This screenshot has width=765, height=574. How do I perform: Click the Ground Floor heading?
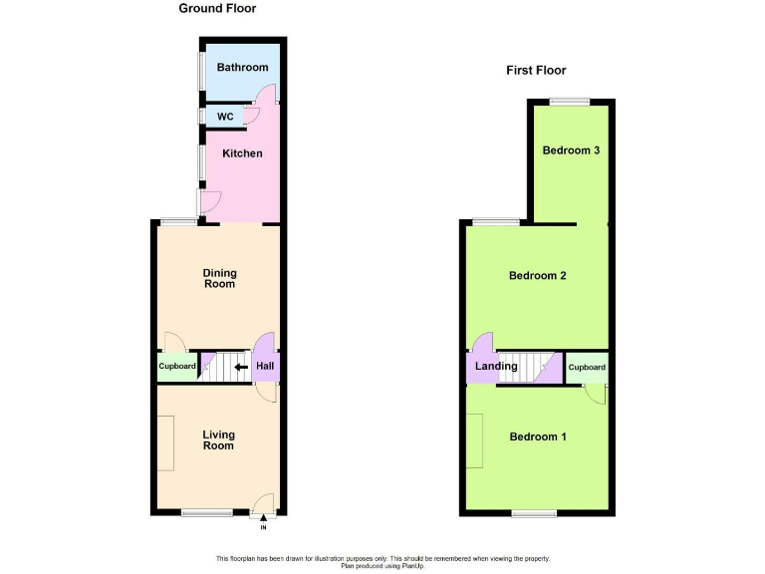click(217, 9)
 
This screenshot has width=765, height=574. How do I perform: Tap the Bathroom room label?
click(242, 68)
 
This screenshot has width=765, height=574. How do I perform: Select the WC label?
click(225, 117)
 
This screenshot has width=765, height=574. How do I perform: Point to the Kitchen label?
click(242, 153)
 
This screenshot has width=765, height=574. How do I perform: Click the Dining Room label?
click(219, 278)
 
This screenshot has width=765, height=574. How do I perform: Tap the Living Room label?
click(218, 439)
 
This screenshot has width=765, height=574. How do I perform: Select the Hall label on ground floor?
click(265, 367)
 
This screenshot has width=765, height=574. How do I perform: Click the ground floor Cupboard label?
click(177, 367)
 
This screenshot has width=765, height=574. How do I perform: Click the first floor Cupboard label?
click(587, 368)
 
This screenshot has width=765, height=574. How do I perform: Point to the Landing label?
click(496, 367)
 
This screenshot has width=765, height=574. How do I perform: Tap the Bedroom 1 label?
click(538, 436)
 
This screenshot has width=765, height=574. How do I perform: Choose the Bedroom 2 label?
click(538, 275)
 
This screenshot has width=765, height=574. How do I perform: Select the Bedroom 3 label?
click(571, 150)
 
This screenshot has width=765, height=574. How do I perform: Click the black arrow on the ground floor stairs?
click(240, 367)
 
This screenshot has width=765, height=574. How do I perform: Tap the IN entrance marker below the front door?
click(263, 526)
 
